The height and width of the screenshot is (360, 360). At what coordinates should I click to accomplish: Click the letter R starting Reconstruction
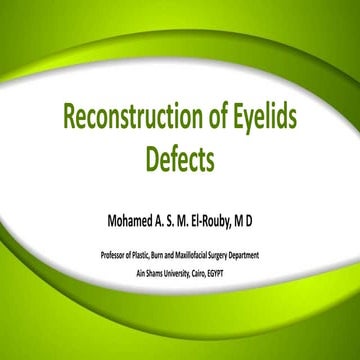coord(70,120)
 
